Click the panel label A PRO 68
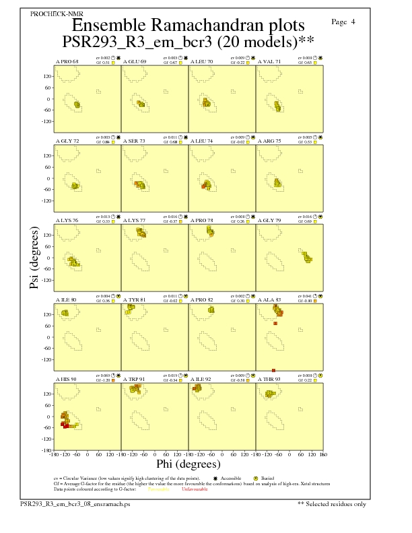67,61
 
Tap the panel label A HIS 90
66,379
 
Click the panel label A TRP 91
134,379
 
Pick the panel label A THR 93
270,379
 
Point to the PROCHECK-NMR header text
48,13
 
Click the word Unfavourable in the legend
195,489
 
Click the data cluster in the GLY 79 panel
306,257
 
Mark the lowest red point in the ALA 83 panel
274,370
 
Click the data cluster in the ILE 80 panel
65,313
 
